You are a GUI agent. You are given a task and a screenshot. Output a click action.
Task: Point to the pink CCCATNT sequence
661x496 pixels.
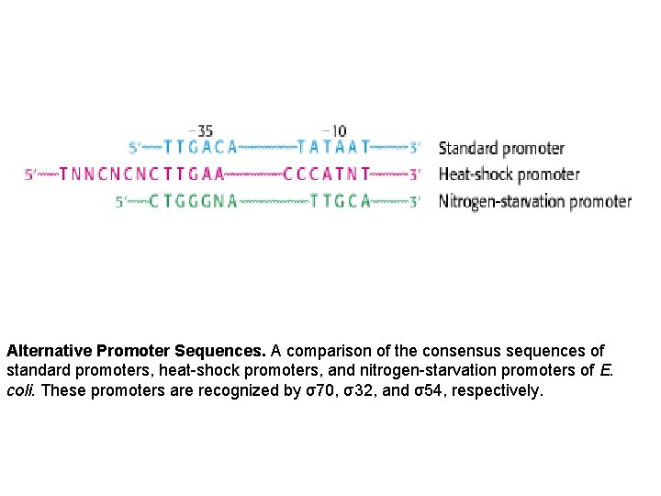pyautogui.click(x=327, y=174)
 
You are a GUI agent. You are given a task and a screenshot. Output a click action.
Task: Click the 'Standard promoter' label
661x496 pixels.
pyautogui.click(x=501, y=148)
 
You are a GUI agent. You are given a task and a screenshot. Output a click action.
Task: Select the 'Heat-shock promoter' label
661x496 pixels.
pyautogui.click(x=509, y=175)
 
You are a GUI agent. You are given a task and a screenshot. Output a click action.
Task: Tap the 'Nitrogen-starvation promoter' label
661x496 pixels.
pyautogui.click(x=535, y=201)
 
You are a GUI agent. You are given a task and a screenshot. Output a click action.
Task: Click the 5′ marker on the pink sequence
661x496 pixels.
pyautogui.click(x=30, y=174)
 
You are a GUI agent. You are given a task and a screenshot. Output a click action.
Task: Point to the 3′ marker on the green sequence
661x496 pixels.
pyautogui.click(x=415, y=201)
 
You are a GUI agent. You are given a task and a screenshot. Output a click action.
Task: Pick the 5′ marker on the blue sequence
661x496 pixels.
pyautogui.click(x=135, y=147)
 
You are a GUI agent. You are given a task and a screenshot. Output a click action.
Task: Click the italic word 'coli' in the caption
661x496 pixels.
pyautogui.click(x=21, y=390)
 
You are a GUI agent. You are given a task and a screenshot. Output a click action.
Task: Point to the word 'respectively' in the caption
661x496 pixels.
pyautogui.click(x=495, y=390)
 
